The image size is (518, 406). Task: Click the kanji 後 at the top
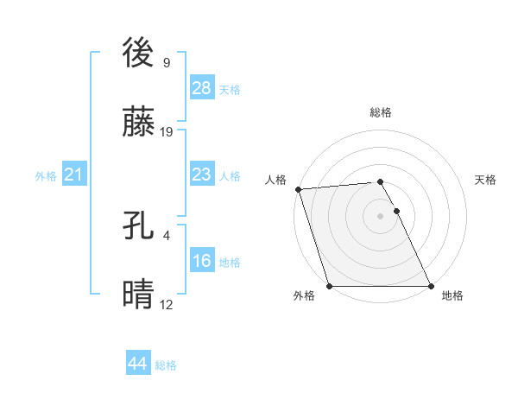[x=139, y=54]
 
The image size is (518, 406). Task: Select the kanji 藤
[x=139, y=124]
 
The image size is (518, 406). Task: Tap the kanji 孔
[x=139, y=226]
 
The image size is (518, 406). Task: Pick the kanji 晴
[x=139, y=296]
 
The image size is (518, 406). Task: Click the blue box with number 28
[x=202, y=87]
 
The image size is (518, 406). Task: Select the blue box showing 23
[x=202, y=175]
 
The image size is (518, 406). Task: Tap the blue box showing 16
[x=202, y=262]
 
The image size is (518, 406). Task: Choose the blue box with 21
[x=73, y=175]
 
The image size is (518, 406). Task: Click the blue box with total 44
[x=137, y=364]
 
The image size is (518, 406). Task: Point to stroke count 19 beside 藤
[x=167, y=133]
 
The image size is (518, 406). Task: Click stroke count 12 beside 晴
[x=167, y=305]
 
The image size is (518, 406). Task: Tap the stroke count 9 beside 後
[x=166, y=62]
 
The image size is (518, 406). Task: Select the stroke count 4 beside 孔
[x=166, y=235]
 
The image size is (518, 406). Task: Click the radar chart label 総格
[x=381, y=112]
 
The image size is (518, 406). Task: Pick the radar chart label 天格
[x=485, y=180]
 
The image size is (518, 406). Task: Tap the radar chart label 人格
[x=275, y=180]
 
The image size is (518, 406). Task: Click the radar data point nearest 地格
[x=431, y=286]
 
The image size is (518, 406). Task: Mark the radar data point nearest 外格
[x=330, y=286]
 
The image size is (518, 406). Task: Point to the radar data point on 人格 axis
[x=298, y=189]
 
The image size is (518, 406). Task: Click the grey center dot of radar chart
[x=381, y=216]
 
